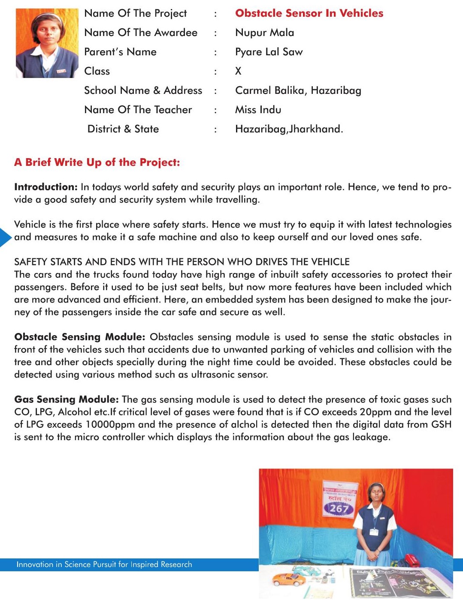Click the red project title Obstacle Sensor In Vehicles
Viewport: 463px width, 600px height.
(309, 13)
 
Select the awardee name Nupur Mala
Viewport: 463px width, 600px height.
(264, 33)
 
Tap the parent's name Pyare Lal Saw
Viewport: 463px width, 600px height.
(269, 52)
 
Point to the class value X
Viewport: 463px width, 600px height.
(238, 71)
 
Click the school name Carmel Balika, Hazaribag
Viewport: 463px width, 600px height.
(298, 90)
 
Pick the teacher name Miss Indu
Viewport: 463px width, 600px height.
(258, 110)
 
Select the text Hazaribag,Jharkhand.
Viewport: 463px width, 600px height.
(289, 129)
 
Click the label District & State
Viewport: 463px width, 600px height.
(123, 129)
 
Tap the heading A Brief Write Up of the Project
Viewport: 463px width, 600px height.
(97, 162)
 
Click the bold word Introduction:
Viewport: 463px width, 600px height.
(45, 187)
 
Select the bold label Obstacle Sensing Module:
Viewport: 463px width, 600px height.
(79, 337)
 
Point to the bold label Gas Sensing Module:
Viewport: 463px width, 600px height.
(66, 399)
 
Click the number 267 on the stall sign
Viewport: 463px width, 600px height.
(339, 509)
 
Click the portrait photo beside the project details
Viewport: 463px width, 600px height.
(47, 43)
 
